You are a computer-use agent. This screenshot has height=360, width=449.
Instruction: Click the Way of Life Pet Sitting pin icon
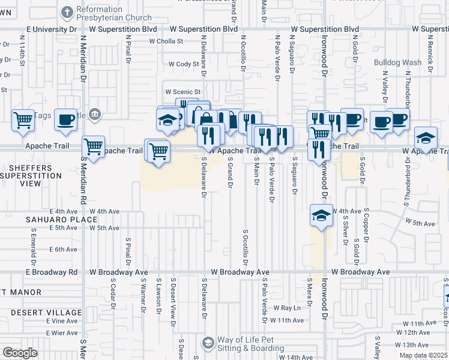[208, 343]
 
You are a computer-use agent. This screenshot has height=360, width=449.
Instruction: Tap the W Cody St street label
[183, 64]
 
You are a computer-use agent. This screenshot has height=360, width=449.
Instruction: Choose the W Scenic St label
[182, 92]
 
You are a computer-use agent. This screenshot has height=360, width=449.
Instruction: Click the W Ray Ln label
[286, 308]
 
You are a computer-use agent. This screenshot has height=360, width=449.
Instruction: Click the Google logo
[20, 353]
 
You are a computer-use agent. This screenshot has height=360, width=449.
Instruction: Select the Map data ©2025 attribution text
[423, 355]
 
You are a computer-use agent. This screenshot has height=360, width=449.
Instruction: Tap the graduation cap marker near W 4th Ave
[321, 215]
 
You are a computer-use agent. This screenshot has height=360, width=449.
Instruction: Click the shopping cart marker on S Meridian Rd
[93, 145]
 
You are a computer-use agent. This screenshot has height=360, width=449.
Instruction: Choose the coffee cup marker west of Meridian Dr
[65, 119]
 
